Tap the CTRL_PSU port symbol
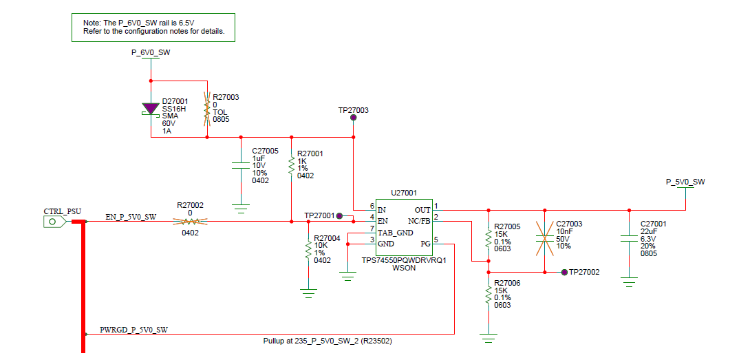click(55, 222)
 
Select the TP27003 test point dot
click(354, 118)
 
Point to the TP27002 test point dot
click(565, 272)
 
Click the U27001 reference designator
click(404, 192)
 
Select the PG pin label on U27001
click(425, 244)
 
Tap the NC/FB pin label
click(419, 221)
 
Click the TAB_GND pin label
click(396, 233)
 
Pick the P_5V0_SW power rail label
click(685, 182)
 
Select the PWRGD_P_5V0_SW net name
click(134, 330)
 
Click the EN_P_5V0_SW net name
click(131, 217)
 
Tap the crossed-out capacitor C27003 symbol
click(545, 238)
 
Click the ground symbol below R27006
click(489, 338)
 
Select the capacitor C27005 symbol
click(241, 165)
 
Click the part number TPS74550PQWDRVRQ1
click(404, 260)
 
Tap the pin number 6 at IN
click(372, 206)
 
